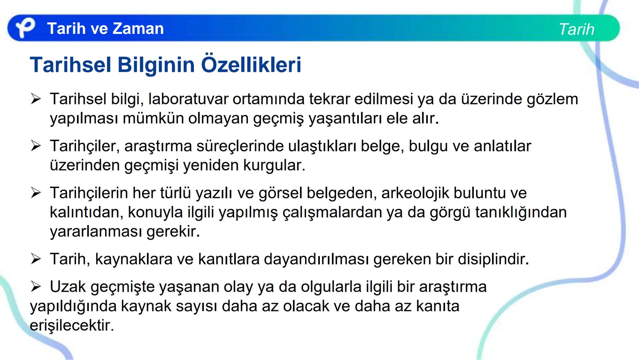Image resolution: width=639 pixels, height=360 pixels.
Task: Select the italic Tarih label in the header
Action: point(576,29)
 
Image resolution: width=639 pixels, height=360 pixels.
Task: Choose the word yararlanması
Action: point(96,232)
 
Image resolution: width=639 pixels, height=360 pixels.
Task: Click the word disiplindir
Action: point(493,259)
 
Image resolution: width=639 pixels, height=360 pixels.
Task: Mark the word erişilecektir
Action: point(72,325)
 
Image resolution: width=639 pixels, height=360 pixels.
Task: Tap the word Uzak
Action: point(68,287)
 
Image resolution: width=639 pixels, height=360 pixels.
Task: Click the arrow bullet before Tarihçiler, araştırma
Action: point(36,146)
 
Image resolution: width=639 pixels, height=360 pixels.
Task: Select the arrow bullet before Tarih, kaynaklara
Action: point(36,259)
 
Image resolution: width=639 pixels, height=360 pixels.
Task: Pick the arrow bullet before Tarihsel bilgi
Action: point(36,99)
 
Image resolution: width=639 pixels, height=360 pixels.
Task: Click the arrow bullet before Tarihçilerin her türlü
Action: point(36,193)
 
